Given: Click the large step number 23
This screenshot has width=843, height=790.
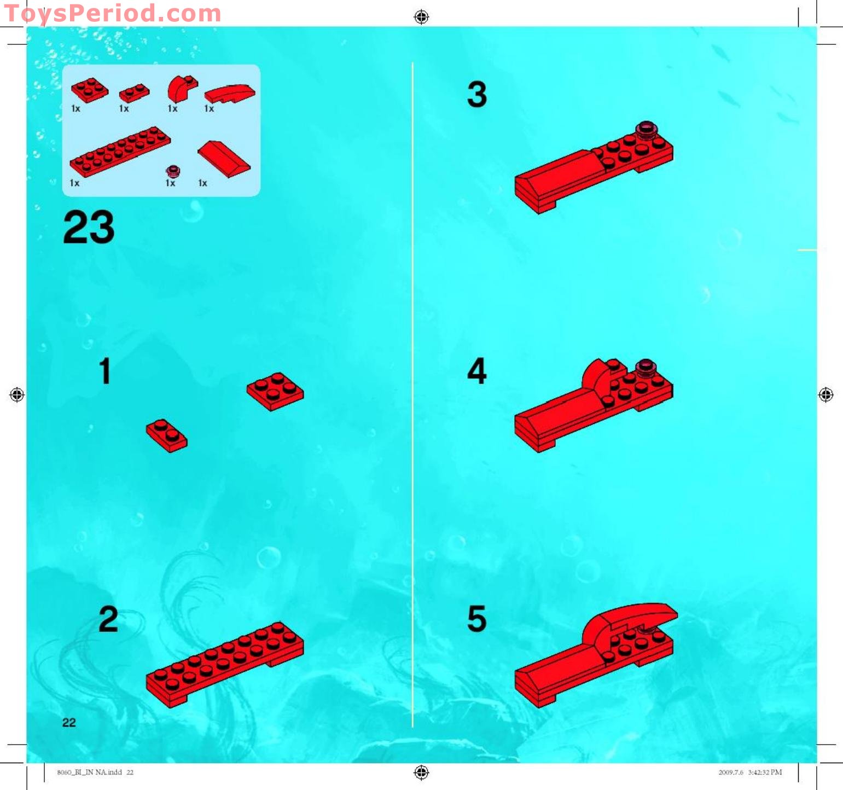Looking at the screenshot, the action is tap(89, 226).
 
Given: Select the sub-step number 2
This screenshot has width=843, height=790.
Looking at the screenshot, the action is tap(108, 619).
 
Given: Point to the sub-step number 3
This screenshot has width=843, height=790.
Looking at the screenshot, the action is tap(477, 94).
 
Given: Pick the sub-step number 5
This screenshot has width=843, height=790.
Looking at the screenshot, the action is tap(477, 619).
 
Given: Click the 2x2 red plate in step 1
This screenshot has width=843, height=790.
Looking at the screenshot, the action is tap(275, 391).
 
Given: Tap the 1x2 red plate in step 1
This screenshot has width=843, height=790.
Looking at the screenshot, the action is tap(166, 435).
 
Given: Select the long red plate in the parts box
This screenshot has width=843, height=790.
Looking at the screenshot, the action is tap(120, 152).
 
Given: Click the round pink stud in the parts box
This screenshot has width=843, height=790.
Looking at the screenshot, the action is tap(173, 171).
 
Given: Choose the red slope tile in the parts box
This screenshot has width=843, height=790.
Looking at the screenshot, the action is tap(224, 159).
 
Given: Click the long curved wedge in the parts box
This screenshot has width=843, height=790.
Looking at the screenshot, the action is tap(230, 93).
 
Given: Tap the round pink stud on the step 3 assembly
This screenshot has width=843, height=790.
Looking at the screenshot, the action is tap(646, 129).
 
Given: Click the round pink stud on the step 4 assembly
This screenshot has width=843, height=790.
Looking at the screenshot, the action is tap(646, 368).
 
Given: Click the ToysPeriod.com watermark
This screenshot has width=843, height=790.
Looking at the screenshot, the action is tap(112, 13).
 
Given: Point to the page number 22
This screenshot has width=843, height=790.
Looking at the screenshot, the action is tap(69, 722).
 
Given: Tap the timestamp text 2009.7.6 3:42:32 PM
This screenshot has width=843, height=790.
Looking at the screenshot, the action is tap(750, 772).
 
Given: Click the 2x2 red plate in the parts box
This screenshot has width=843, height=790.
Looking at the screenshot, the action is tap(90, 90).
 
